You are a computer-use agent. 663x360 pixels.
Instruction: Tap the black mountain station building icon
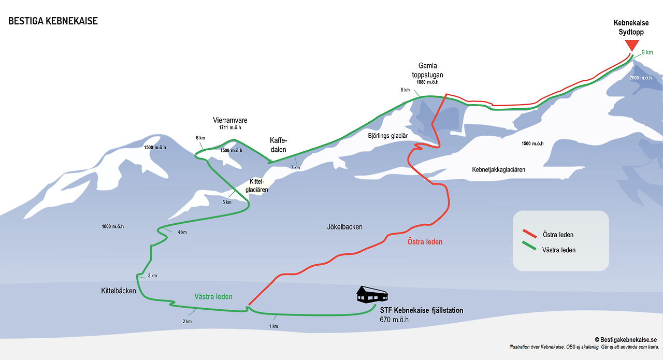tap(372, 295)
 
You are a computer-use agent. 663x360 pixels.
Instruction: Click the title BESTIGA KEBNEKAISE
tap(53, 21)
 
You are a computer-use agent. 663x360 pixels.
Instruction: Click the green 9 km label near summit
tap(647, 52)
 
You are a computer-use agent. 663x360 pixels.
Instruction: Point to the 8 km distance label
tap(405, 90)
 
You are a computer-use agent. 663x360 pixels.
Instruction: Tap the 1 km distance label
tap(274, 326)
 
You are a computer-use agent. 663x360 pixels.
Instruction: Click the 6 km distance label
tap(200, 138)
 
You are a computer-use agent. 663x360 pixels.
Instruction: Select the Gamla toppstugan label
tap(428, 70)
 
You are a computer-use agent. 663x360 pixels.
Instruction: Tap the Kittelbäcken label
tap(118, 291)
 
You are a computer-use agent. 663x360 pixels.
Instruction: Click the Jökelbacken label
tap(344, 227)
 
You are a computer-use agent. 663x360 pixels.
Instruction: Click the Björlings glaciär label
tap(388, 136)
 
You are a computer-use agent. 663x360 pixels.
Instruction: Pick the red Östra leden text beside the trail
tap(425, 242)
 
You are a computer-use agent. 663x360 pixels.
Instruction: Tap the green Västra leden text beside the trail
tap(213, 297)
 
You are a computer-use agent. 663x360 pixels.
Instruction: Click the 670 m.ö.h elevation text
tap(394, 320)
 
